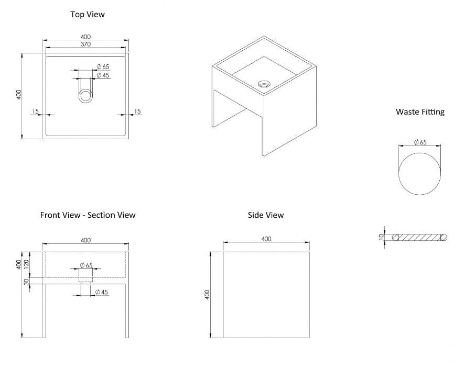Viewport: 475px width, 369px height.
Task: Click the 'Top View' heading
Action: pyautogui.click(x=88, y=14)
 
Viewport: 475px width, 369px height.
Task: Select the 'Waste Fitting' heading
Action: pyautogui.click(x=420, y=111)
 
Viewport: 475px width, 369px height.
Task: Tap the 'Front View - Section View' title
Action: pyautogui.click(x=88, y=215)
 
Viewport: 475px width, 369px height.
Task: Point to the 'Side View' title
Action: pyautogui.click(x=266, y=215)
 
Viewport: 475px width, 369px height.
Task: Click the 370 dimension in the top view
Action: pyautogui.click(x=85, y=44)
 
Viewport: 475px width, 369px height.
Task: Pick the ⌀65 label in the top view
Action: pyautogui.click(x=103, y=66)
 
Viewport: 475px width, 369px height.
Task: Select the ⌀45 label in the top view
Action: pyautogui.click(x=103, y=75)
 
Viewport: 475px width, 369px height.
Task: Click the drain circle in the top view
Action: pyautogui.click(x=85, y=96)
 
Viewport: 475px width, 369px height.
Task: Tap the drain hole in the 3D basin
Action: pyautogui.click(x=264, y=83)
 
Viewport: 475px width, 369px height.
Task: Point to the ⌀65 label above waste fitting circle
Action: pyautogui.click(x=420, y=142)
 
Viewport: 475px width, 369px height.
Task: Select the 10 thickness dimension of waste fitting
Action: pyautogui.click(x=382, y=237)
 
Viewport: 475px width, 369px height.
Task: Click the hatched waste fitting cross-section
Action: pyautogui.click(x=420, y=237)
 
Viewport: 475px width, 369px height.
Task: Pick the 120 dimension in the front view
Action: pyautogui.click(x=26, y=264)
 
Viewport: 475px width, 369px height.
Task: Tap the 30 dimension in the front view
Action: pyautogui.click(x=26, y=281)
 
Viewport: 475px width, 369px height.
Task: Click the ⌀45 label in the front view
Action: pyautogui.click(x=102, y=292)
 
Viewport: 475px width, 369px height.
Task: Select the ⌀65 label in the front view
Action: pyautogui.click(x=87, y=265)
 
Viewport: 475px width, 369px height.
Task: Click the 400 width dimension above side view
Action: pyautogui.click(x=266, y=239)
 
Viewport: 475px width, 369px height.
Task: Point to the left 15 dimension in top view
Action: pyautogui.click(x=36, y=111)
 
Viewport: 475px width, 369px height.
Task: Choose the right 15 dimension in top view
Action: pyautogui.click(x=137, y=111)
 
